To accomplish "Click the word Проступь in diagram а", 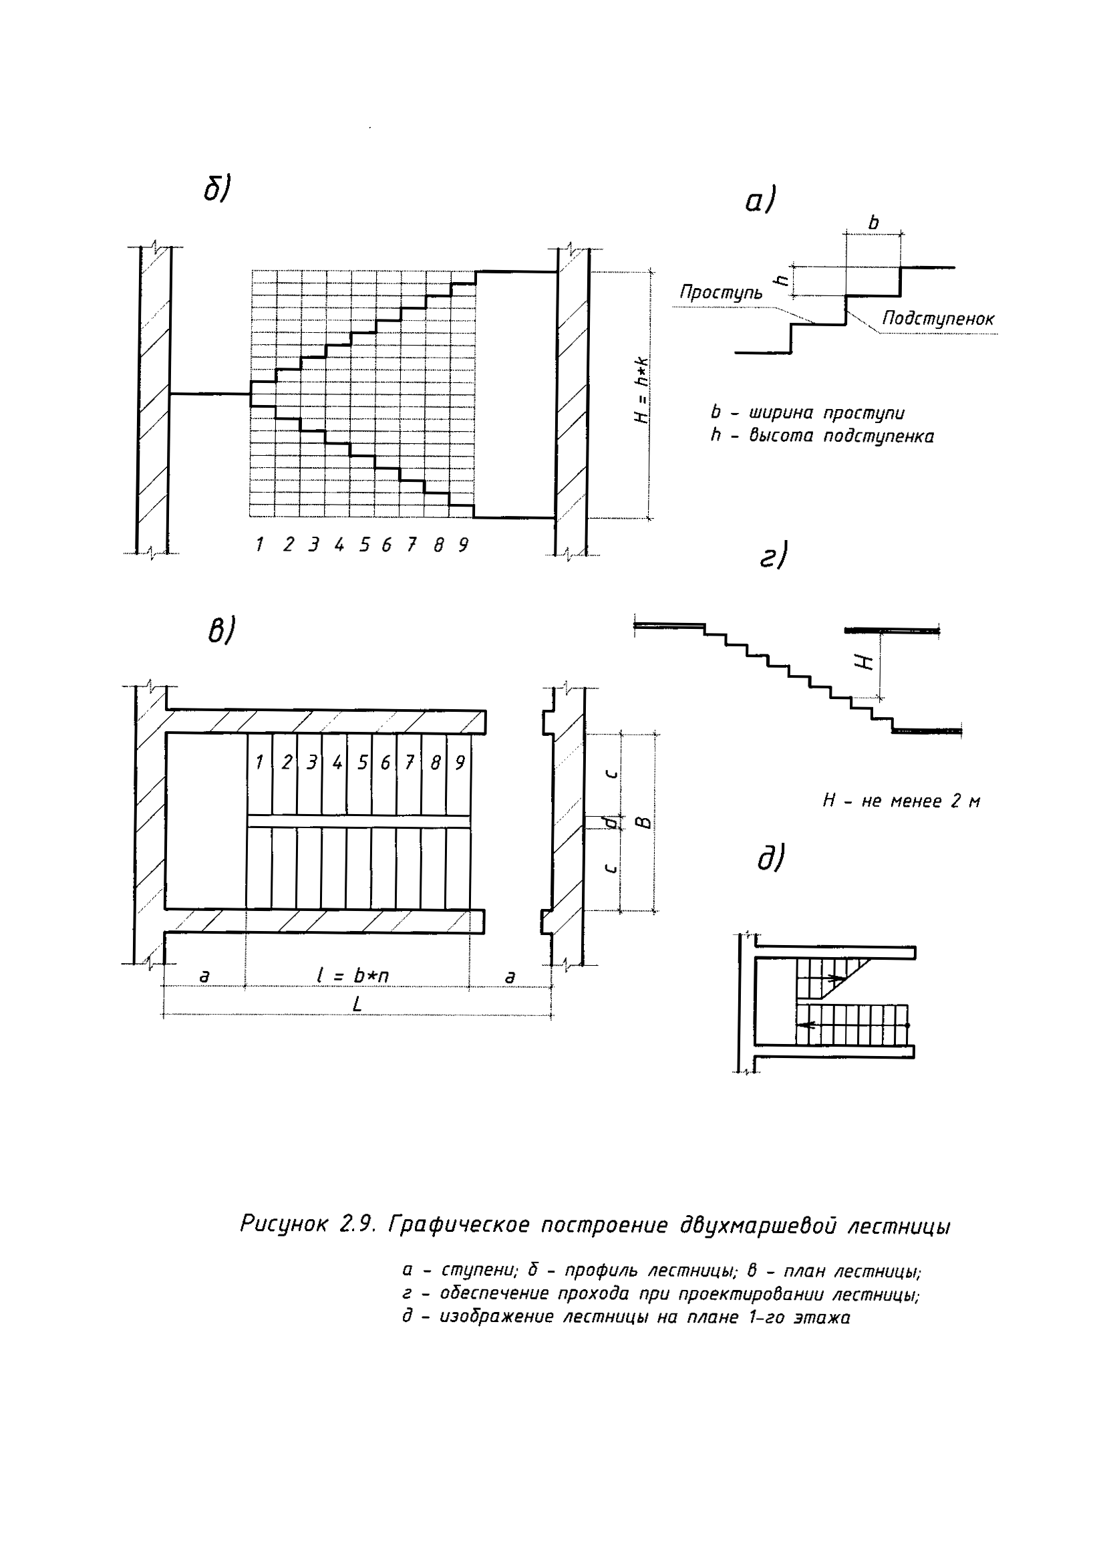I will pyautogui.click(x=721, y=293).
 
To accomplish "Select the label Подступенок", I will pyautogui.click(x=938, y=318).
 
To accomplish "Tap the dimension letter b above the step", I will pyautogui.click(x=874, y=223).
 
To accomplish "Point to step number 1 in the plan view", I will pyautogui.click(x=259, y=762).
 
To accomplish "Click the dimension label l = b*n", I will pyautogui.click(x=353, y=975).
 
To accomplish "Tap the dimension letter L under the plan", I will pyautogui.click(x=357, y=1004).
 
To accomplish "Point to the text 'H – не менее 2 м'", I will pyautogui.click(x=901, y=801).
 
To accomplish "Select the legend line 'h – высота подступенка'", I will pyautogui.click(x=822, y=436).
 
